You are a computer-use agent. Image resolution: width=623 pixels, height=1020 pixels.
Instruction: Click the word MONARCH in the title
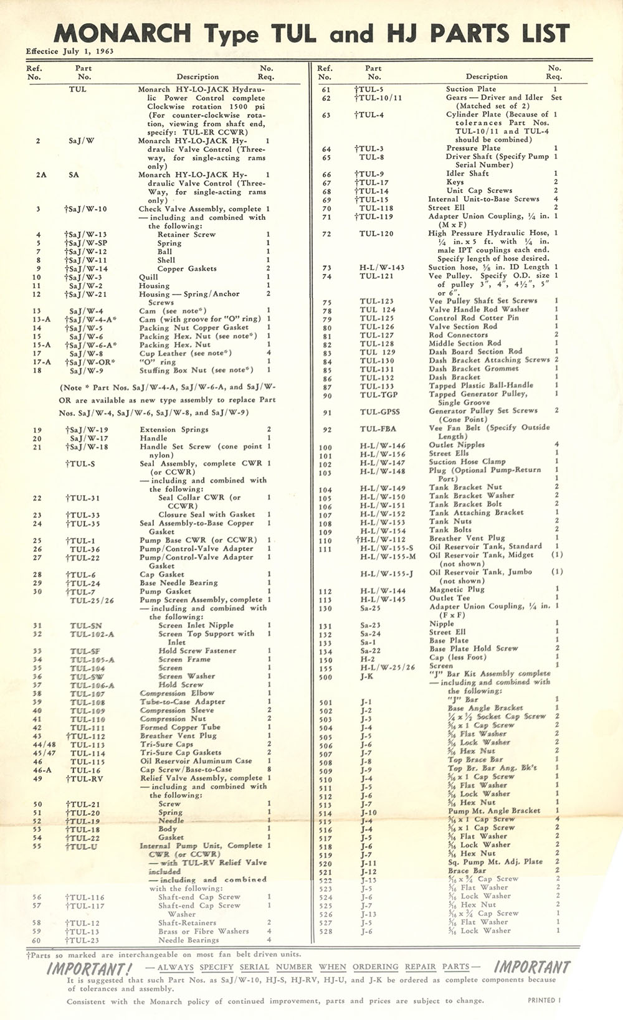(x=123, y=33)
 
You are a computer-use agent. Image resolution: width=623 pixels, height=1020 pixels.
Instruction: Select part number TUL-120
(x=376, y=234)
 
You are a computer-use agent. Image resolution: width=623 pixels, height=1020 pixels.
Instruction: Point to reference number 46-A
(x=42, y=770)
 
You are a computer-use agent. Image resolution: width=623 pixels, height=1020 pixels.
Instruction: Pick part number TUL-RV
(x=83, y=778)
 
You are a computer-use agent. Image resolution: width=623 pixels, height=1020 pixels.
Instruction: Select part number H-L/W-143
(x=382, y=268)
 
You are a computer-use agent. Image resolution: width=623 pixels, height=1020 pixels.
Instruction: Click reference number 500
(x=325, y=678)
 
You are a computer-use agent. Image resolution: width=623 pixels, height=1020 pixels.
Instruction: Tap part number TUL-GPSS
(x=379, y=412)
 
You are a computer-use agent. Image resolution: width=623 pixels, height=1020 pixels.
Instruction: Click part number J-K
(x=366, y=677)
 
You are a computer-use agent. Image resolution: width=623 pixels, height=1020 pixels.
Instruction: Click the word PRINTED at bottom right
(x=541, y=1000)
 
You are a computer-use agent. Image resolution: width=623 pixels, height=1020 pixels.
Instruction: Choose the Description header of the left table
(x=197, y=77)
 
